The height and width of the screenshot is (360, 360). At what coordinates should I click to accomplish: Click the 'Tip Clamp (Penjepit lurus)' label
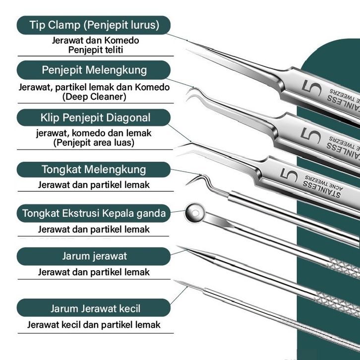94,25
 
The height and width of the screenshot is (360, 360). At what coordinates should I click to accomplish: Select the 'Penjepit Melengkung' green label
94,69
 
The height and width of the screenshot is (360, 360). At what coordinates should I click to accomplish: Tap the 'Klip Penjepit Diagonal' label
94,118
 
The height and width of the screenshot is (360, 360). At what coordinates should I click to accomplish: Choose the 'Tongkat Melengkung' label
94,170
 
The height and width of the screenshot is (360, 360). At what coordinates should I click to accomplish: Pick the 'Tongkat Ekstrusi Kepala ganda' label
94,214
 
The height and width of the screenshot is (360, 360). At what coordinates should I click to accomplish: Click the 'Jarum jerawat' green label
94,256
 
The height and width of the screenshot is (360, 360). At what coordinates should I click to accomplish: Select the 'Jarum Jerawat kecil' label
94,308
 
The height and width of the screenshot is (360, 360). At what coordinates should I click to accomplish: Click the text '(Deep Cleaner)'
94,97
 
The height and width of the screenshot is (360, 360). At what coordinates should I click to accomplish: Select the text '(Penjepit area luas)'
94,143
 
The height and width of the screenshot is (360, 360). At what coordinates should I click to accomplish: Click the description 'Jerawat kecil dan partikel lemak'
94,325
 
